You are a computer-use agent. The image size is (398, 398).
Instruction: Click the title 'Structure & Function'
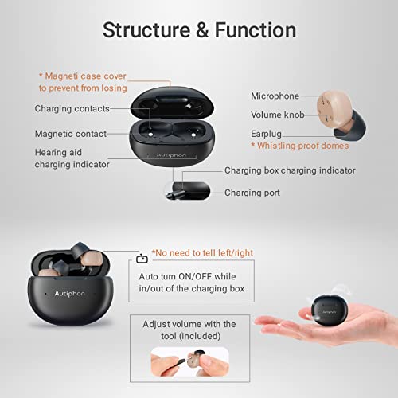(199, 30)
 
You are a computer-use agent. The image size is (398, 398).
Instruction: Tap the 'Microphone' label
(275, 96)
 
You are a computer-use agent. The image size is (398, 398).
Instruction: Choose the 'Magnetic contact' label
(72, 134)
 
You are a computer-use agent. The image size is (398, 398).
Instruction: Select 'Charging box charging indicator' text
(290, 170)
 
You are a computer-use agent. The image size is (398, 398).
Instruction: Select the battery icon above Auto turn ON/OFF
(142, 258)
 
